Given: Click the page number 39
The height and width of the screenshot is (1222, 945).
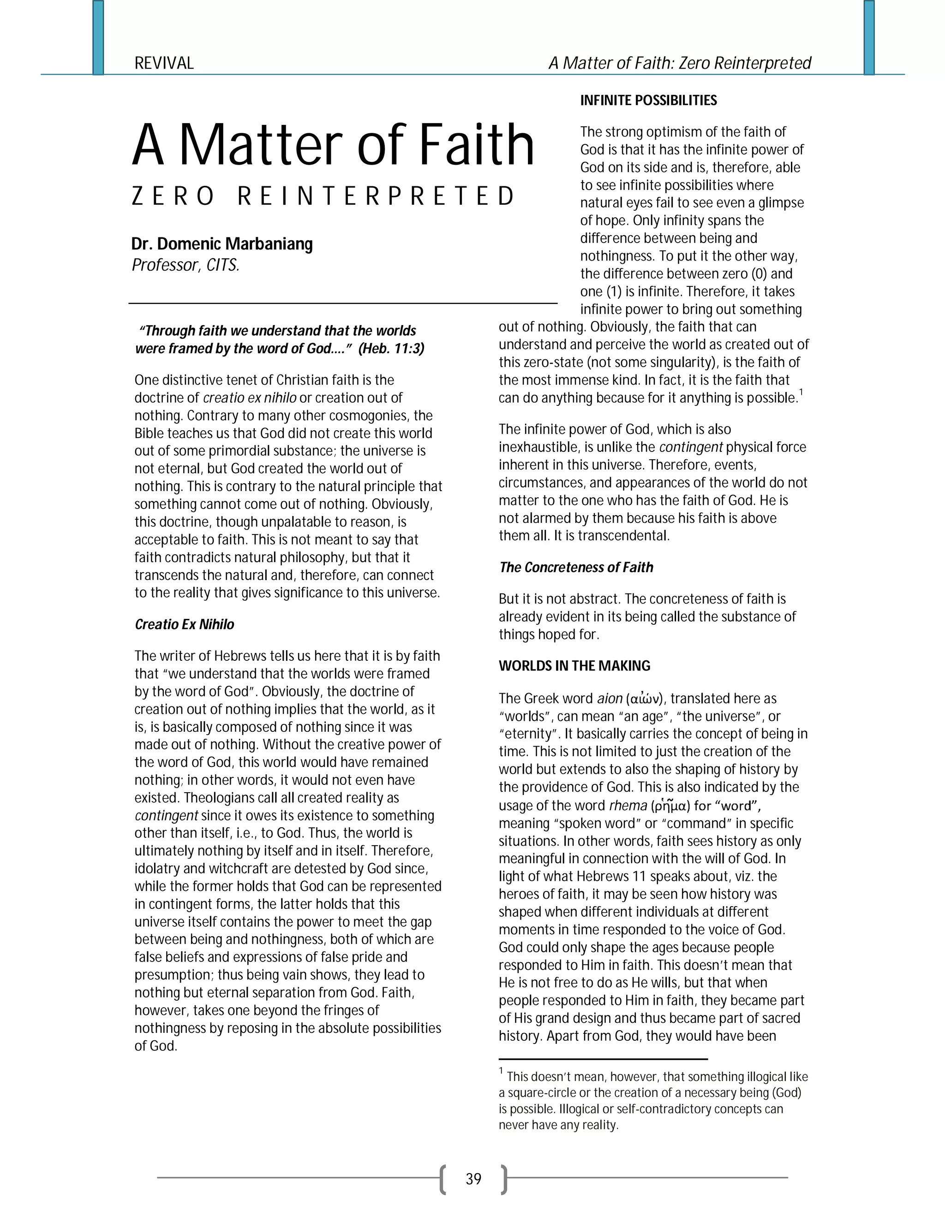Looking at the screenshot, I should (473, 1180).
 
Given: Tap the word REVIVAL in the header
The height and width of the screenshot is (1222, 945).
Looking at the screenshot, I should (164, 63).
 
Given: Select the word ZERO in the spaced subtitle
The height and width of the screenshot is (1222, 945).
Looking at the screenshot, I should (173, 196).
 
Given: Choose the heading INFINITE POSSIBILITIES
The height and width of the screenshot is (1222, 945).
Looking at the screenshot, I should (648, 100).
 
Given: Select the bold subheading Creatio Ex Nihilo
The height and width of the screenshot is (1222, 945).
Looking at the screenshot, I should (184, 624).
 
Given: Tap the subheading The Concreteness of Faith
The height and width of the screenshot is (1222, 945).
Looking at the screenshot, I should (576, 567).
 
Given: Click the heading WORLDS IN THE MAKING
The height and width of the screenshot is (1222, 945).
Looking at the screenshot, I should (574, 666).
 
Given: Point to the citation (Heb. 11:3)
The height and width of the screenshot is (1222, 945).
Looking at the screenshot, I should (391, 349).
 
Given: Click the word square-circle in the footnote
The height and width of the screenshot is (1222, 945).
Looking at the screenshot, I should (546, 1093).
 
